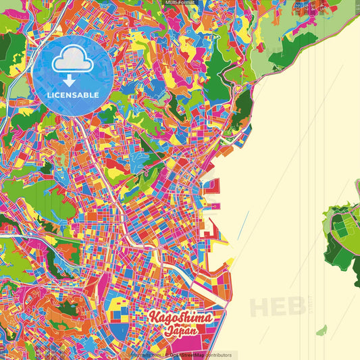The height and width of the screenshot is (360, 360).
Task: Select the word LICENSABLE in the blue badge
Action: tap(73, 95)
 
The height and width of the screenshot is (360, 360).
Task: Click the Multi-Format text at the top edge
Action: tap(179, 3)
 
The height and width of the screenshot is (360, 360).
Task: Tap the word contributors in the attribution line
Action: tap(215, 355)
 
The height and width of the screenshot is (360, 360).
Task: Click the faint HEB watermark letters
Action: tap(277, 305)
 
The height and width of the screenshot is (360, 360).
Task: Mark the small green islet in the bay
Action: tap(322, 331)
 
